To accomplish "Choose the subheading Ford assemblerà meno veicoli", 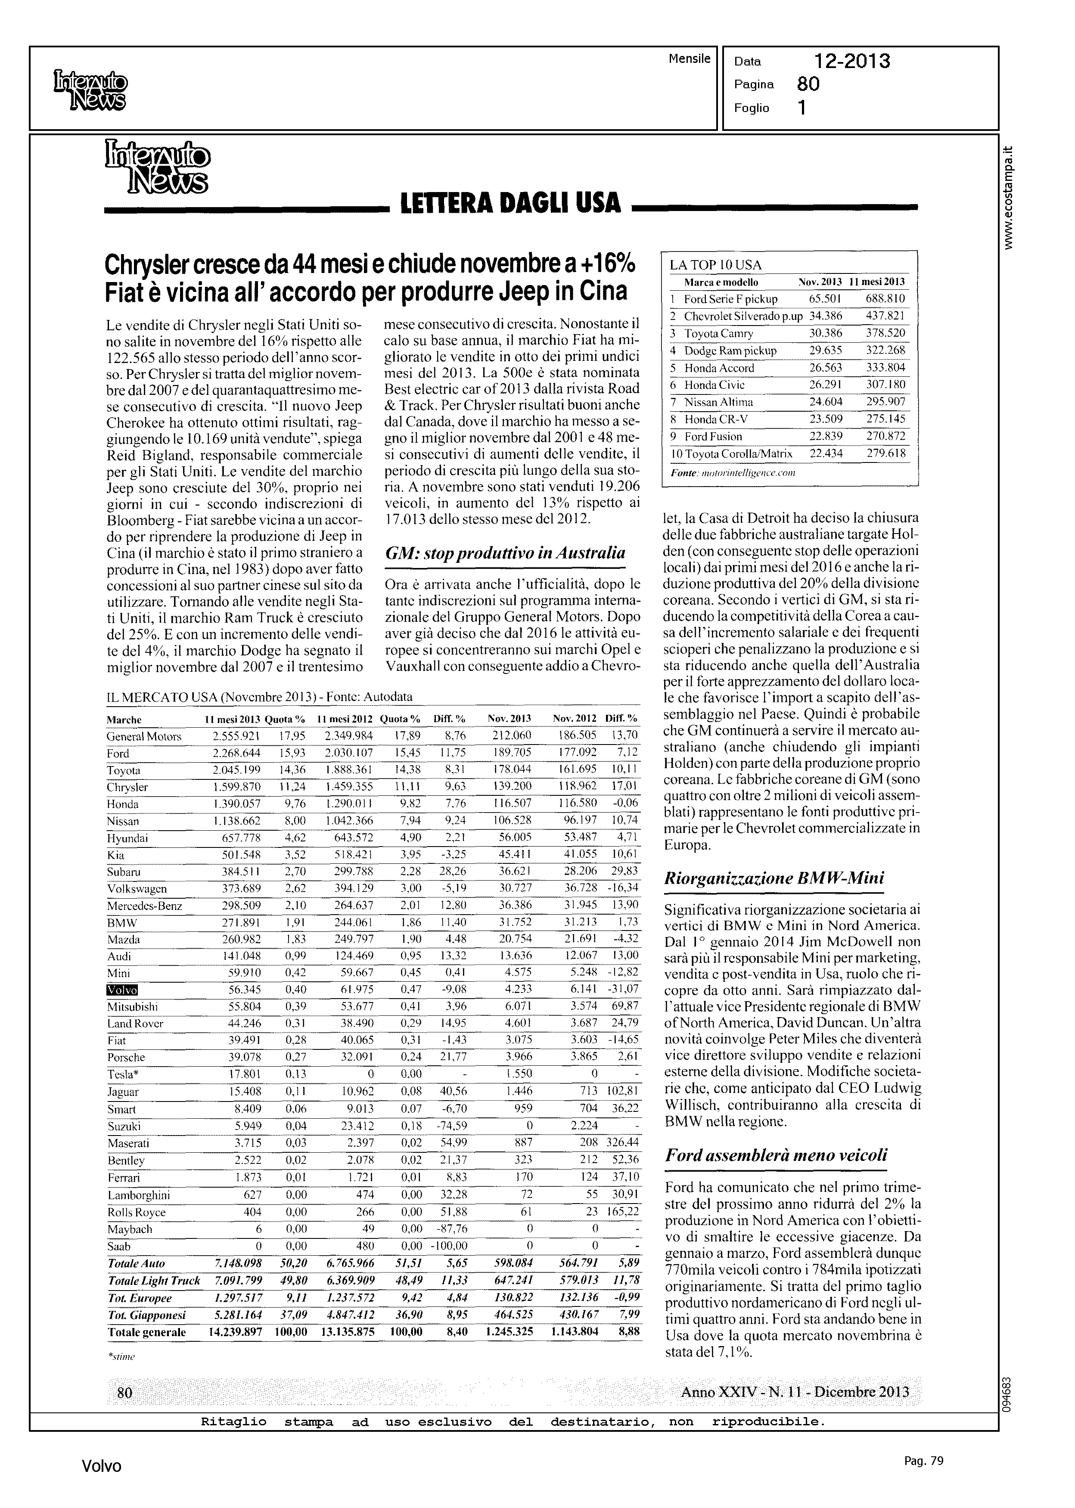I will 776,1155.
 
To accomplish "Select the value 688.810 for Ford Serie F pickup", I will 885,299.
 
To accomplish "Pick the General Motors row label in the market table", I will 144,736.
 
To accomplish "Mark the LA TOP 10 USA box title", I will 715,265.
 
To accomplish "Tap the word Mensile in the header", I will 689,59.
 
